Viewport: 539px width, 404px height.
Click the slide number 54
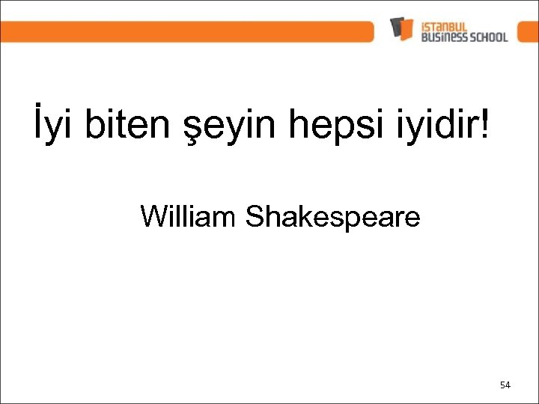pos(505,385)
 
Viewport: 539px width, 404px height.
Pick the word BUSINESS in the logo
pos(442,37)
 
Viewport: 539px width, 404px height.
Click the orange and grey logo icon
pos(401,29)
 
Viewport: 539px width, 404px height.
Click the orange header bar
pos(187,31)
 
